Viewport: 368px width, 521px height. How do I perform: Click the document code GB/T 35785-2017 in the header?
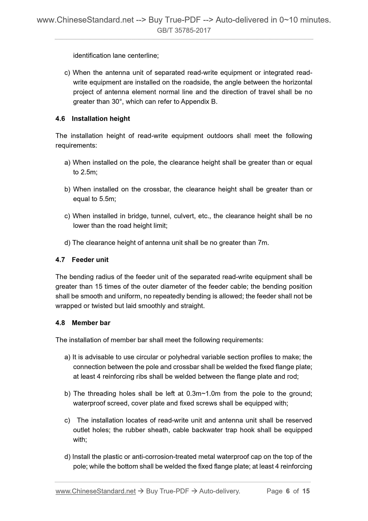pos(184,31)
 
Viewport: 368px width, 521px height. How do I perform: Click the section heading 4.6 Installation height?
pos(93,119)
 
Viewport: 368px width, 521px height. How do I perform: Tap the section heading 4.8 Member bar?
pos(83,323)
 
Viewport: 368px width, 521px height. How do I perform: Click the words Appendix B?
pos(199,102)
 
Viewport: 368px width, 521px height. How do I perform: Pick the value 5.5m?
pos(107,199)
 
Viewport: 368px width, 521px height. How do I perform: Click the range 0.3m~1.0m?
pos(203,394)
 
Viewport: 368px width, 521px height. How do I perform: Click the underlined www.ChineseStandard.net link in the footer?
pos(95,491)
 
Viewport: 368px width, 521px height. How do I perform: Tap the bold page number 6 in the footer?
pos(288,491)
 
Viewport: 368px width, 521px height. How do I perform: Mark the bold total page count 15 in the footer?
pos(306,491)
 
